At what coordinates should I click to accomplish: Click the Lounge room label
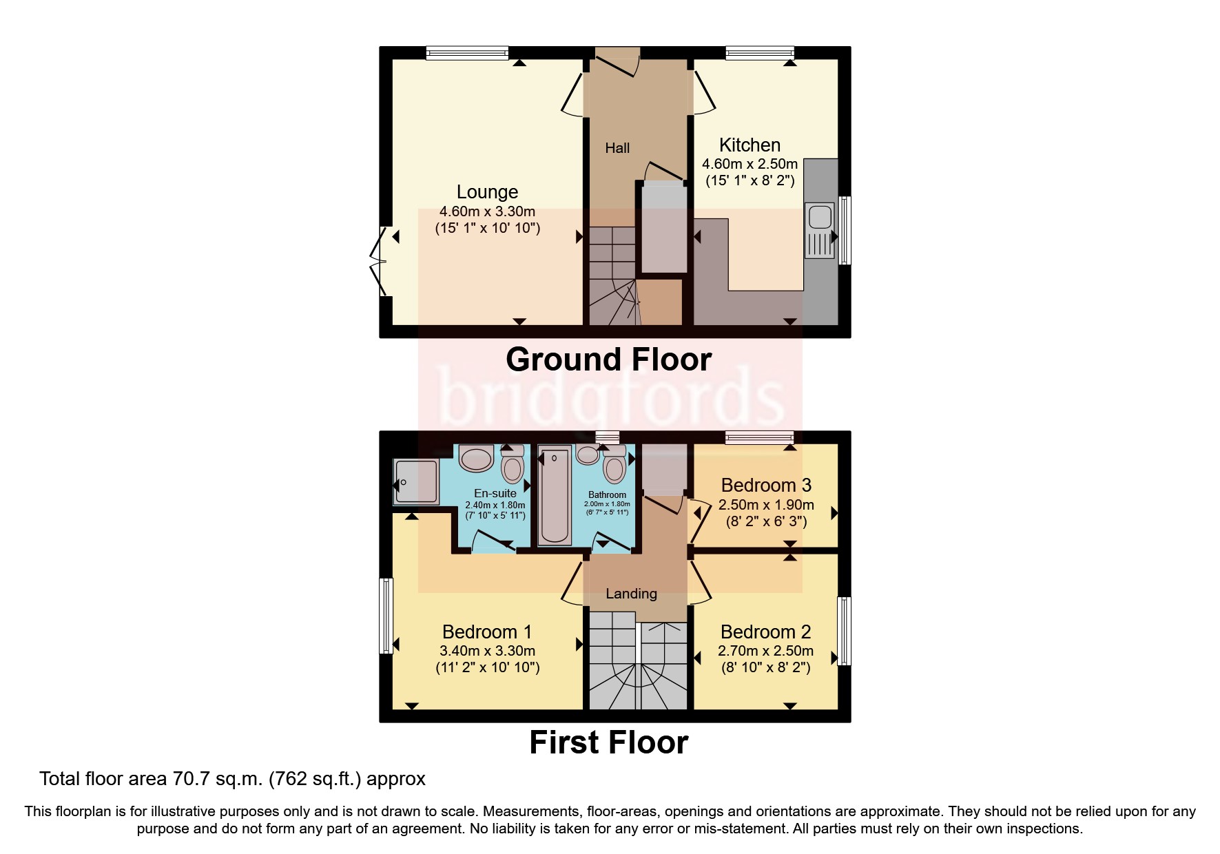click(487, 192)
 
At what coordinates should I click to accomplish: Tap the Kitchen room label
click(749, 145)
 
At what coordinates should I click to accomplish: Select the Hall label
click(617, 148)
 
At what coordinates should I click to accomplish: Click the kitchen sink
click(820, 216)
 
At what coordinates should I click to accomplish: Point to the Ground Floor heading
click(608, 360)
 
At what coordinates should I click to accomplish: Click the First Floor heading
click(608, 742)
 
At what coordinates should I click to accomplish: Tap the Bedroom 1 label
click(487, 632)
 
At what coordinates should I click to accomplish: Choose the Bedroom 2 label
click(765, 632)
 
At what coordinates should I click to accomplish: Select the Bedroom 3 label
click(766, 485)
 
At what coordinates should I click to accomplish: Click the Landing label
click(631, 594)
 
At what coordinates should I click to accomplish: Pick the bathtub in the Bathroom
click(555, 495)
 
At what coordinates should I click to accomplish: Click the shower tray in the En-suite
click(415, 482)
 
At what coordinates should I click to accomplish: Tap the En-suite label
click(495, 493)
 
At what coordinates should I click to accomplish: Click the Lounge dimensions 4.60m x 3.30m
click(487, 211)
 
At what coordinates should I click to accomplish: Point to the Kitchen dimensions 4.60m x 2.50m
click(749, 164)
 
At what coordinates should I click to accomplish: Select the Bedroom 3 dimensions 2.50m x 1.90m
click(766, 505)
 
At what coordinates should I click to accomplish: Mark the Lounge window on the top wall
click(467, 52)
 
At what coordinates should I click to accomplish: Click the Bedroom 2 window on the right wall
click(844, 631)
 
